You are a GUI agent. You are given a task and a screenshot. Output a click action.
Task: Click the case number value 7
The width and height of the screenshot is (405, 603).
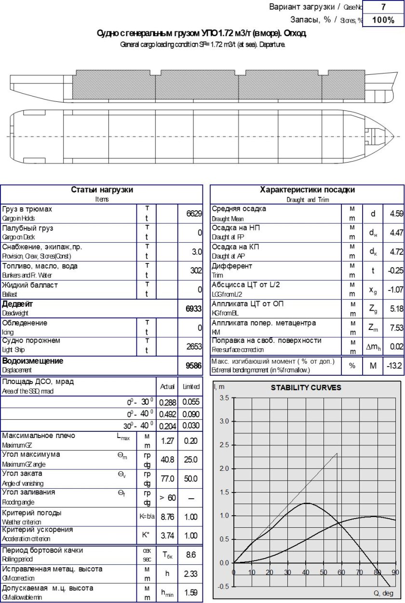pos(383,7)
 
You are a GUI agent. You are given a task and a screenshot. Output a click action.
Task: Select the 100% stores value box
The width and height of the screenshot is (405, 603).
pos(383,20)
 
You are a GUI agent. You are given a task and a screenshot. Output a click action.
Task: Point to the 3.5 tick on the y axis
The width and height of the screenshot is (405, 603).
pos(225,398)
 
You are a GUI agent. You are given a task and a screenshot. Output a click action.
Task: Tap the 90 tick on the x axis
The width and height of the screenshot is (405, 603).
pos(395,573)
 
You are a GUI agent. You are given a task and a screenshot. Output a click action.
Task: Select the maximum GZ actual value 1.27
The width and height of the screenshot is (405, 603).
pos(167,440)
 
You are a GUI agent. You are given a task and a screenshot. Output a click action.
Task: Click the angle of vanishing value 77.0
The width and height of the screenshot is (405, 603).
pos(167,478)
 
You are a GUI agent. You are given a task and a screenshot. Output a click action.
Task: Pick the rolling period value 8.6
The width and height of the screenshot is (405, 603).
pos(191,555)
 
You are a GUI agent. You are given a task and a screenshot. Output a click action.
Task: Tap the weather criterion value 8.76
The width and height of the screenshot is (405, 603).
pos(167,517)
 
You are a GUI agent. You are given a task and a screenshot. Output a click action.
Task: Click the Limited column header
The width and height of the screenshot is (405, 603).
pos(191,387)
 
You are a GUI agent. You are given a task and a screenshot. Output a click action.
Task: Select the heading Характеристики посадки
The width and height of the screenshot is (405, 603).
pos(307,190)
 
